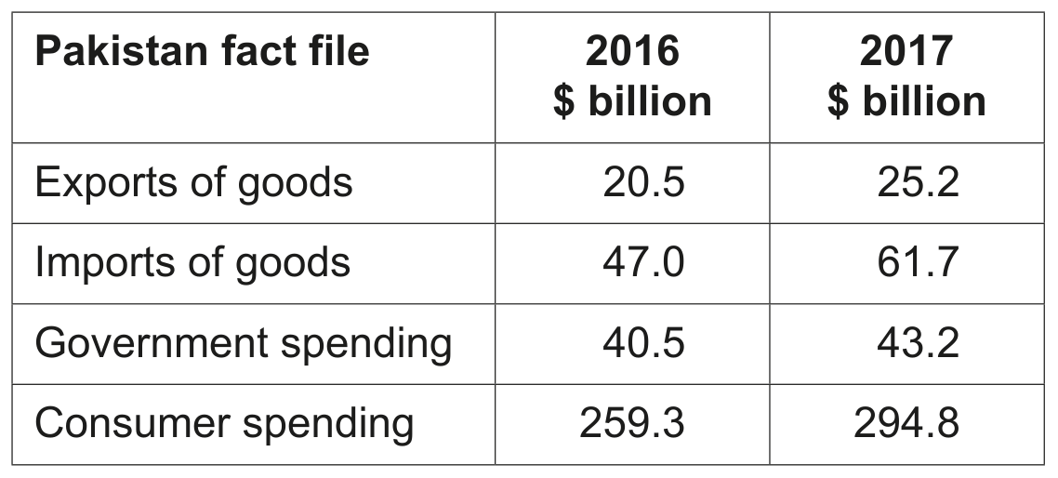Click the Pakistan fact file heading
click(202, 50)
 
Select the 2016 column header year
click(632, 50)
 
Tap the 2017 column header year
click(906, 50)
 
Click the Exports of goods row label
click(193, 183)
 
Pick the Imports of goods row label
click(192, 263)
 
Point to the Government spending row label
click(243, 344)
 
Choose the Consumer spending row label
click(224, 424)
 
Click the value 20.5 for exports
click(643, 182)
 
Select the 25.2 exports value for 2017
click(918, 182)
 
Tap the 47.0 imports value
click(643, 262)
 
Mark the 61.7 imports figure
click(918, 262)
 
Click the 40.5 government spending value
click(643, 343)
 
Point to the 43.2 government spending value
click(918, 343)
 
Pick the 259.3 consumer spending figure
click(632, 423)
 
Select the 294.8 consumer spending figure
click(906, 423)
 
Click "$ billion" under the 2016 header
click(632, 102)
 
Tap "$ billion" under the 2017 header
click(906, 102)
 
